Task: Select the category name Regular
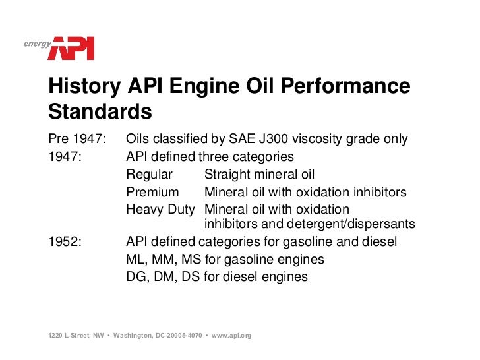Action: point(149,175)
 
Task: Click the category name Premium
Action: point(152,193)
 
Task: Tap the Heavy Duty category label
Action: point(160,210)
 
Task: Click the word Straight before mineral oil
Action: point(226,175)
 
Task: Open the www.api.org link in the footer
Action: point(231,336)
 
